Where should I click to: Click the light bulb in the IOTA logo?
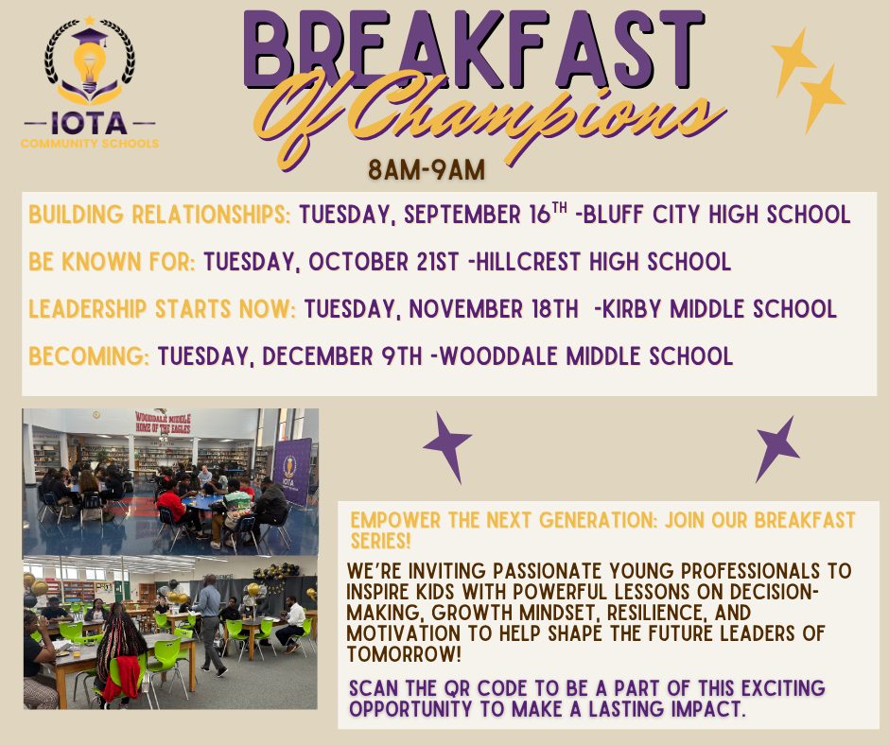tap(89, 67)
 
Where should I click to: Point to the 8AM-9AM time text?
tap(427, 169)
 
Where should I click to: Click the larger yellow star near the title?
tap(793, 61)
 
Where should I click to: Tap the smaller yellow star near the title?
tap(822, 98)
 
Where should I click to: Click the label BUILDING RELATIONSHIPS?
tap(159, 215)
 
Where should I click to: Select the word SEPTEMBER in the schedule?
tap(462, 215)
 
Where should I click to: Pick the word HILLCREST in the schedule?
tap(529, 261)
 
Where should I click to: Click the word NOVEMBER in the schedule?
tap(465, 309)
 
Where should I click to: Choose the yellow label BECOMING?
tap(89, 356)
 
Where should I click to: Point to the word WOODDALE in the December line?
tap(498, 356)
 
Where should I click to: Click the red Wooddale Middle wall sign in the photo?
tap(163, 423)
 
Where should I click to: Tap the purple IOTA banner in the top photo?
tap(292, 472)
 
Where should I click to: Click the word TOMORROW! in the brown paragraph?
tap(404, 654)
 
